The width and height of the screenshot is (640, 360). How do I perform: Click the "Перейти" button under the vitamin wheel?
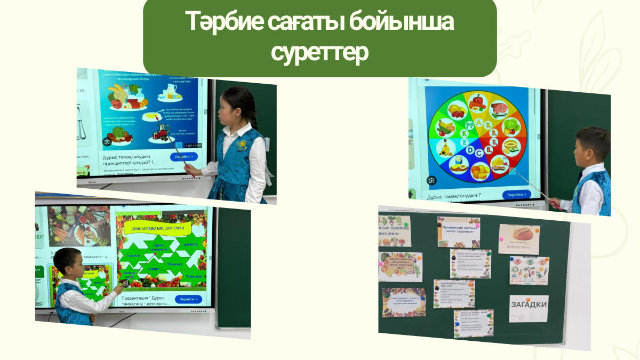point(516,195)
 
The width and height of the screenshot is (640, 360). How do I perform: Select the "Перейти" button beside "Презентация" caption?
point(188,299)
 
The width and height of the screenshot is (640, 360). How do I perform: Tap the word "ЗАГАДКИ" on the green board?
point(528,305)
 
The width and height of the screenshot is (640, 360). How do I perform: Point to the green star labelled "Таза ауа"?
point(193,276)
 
